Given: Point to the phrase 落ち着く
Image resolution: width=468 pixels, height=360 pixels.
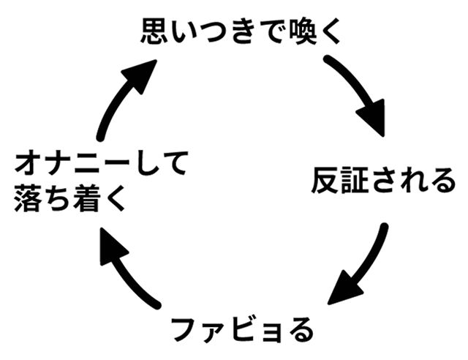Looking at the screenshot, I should pos(70,198).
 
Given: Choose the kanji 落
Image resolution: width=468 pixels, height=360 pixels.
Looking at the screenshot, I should pos(28,198).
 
